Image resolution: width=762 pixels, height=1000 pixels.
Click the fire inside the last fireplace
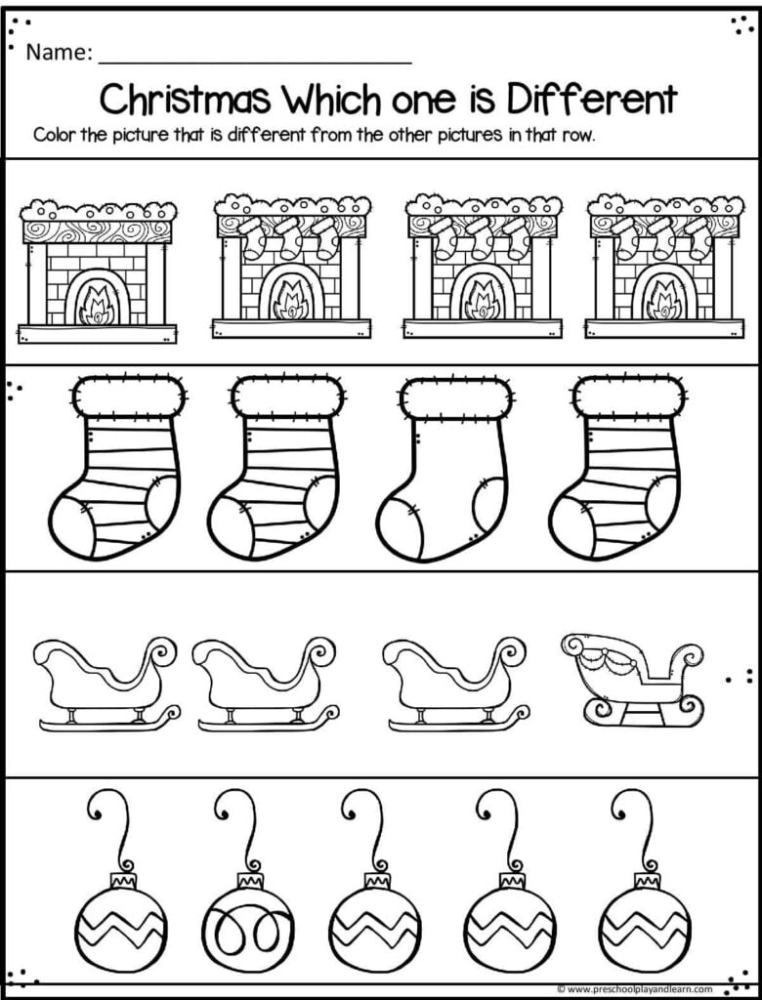[x=664, y=298]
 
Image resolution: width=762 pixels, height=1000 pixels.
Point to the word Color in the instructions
[x=54, y=135]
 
